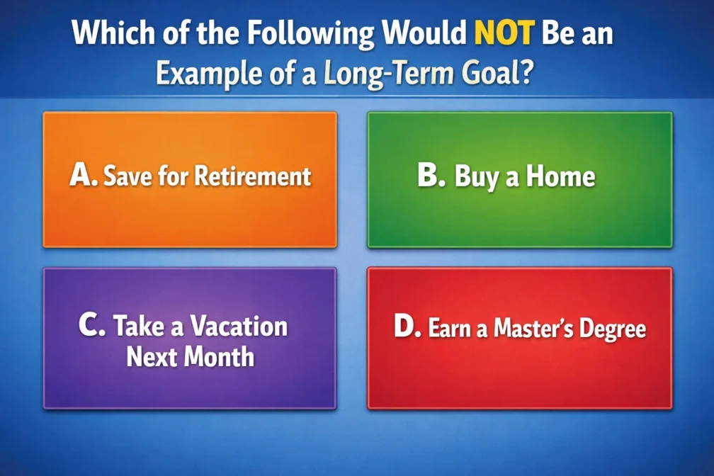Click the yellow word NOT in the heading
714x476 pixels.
504,33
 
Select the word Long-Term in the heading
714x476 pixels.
389,74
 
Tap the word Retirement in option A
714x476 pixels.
253,176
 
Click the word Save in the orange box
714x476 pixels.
128,176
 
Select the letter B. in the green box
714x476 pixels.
431,175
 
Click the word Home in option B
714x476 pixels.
560,176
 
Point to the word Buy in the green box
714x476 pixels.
476,177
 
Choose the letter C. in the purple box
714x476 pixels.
92,325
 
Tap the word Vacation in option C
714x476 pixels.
239,326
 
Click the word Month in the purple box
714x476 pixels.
219,357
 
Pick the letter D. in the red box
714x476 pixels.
407,327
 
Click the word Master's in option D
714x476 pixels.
533,328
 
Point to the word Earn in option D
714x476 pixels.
449,328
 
